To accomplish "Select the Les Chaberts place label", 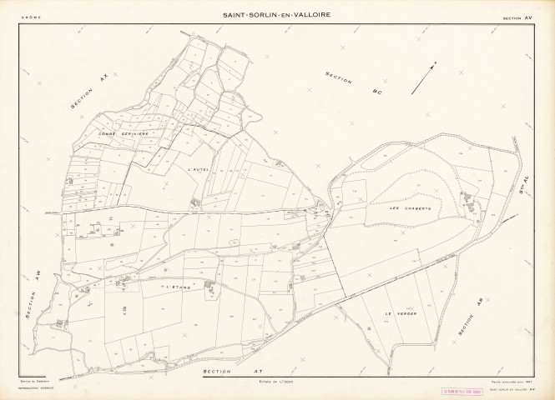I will pyautogui.click(x=411, y=207).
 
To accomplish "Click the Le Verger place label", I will pyautogui.click(x=400, y=313).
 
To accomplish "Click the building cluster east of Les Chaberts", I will pyautogui.click(x=469, y=201).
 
